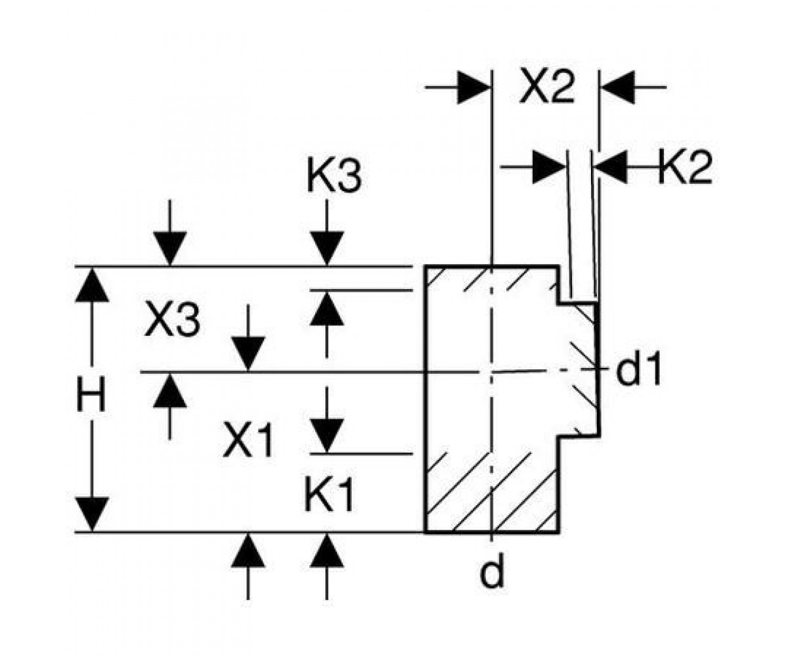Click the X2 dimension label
547,87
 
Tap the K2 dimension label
685,167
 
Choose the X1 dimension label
248,441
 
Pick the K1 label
329,495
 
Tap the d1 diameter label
638,368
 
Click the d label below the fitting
492,572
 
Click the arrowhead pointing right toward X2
473,87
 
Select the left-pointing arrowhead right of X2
618,87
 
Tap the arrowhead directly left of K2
611,167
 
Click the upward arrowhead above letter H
92,286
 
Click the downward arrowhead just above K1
327,435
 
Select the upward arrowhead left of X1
170,391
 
